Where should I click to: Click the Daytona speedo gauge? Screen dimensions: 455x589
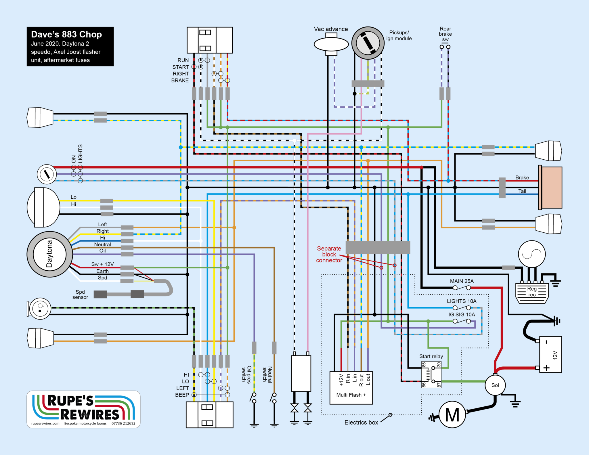(49, 254)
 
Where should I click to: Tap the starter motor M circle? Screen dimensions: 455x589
(452, 415)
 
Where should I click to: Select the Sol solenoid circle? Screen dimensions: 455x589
(495, 385)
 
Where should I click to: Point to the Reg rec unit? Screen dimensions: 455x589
(532, 293)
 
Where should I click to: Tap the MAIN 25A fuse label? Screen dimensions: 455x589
(462, 281)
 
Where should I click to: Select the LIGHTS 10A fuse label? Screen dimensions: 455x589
(461, 301)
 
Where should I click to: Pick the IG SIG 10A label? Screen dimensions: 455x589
(462, 315)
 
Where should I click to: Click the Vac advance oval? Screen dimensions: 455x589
(331, 44)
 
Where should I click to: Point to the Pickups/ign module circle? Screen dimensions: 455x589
(368, 43)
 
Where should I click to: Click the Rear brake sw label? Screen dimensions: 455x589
(445, 34)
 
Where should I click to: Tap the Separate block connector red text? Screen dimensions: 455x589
(329, 254)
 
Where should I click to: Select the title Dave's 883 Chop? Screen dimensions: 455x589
(66, 35)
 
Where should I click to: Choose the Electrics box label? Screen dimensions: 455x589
(361, 422)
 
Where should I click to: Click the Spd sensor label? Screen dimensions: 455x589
(80, 295)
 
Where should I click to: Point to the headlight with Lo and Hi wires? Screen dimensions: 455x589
(43, 207)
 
